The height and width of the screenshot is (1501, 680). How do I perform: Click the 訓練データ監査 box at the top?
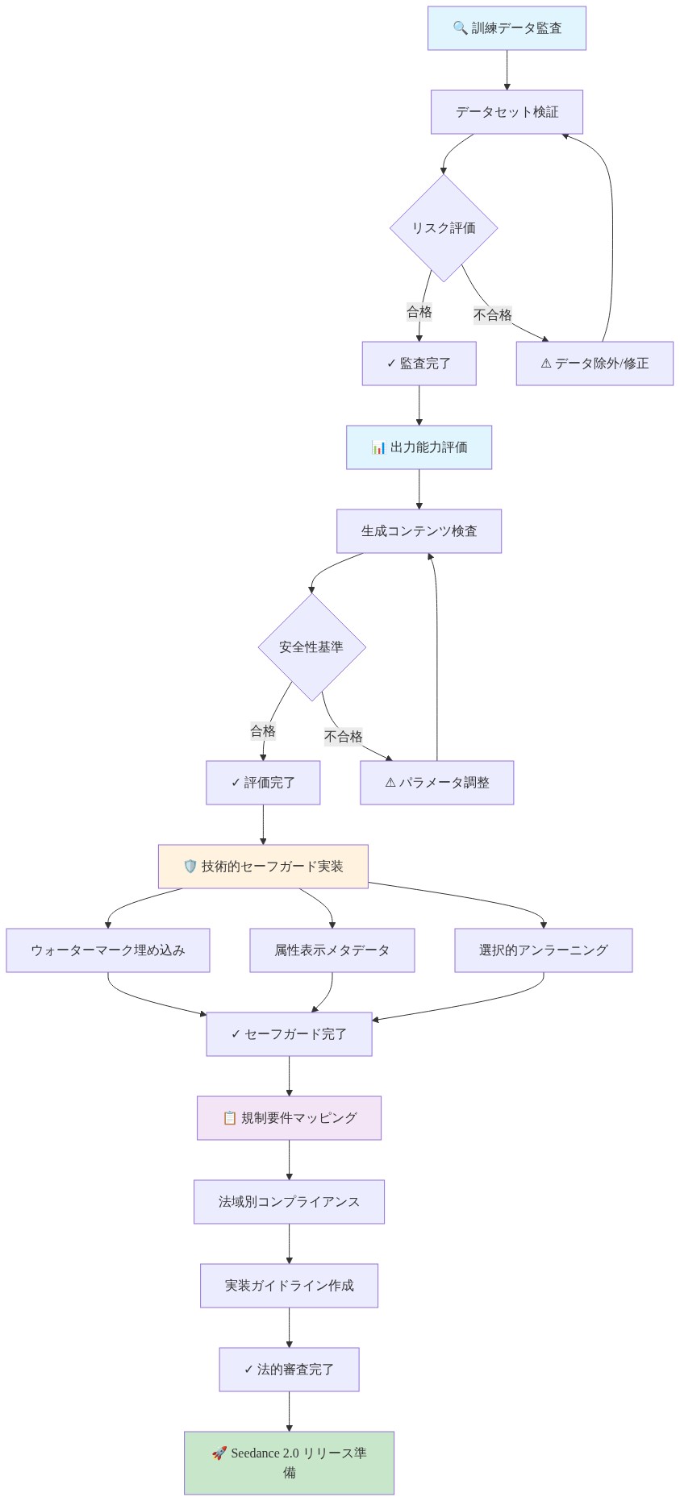(x=507, y=28)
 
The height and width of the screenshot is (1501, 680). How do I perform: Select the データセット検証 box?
(x=507, y=112)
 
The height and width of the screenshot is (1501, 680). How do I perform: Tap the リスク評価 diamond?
(x=444, y=228)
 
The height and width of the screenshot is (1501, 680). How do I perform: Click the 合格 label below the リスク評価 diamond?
(x=419, y=312)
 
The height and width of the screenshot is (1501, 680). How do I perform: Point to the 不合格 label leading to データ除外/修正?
(x=493, y=315)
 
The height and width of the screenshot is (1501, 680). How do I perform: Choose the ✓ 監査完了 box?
(x=419, y=364)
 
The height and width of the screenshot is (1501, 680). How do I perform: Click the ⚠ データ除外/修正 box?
(x=594, y=364)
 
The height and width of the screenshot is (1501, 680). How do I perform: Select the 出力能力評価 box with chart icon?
(x=419, y=447)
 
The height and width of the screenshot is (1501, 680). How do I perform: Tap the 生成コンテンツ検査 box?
(x=419, y=531)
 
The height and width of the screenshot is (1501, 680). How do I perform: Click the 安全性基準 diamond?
(x=311, y=647)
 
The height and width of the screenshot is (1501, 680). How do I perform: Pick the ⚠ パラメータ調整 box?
(x=436, y=783)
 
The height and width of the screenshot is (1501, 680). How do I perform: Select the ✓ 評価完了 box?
(x=263, y=783)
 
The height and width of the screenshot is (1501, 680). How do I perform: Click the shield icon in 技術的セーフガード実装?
(x=190, y=867)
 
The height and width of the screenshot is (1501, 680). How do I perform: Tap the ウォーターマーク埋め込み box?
(x=108, y=950)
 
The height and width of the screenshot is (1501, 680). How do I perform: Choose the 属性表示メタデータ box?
(x=332, y=950)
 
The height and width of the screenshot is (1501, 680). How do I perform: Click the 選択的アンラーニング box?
(x=543, y=950)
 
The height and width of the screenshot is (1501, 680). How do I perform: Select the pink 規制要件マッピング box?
(x=289, y=1118)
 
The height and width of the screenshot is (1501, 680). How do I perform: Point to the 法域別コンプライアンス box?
(x=289, y=1202)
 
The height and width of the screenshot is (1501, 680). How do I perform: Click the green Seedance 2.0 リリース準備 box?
(x=289, y=1462)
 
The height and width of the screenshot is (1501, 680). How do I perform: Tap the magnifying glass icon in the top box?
(x=460, y=28)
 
